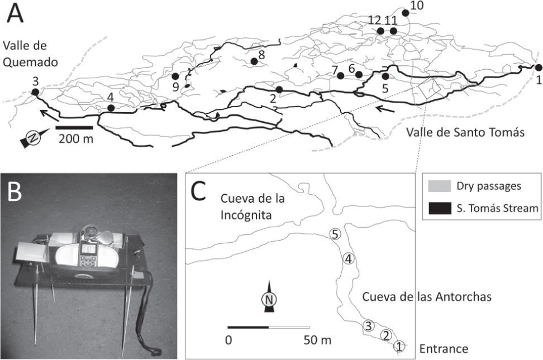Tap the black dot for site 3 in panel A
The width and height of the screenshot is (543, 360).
[35, 92]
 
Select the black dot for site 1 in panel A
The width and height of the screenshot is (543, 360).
[538, 68]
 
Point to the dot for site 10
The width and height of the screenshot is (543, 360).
[405, 12]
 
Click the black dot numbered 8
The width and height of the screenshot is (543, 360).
[254, 62]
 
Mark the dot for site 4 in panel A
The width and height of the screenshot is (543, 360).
[111, 108]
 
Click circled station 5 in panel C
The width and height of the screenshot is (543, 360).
[334, 235]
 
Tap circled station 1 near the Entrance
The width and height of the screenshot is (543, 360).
[398, 346]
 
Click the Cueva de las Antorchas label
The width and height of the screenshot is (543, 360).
[426, 297]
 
